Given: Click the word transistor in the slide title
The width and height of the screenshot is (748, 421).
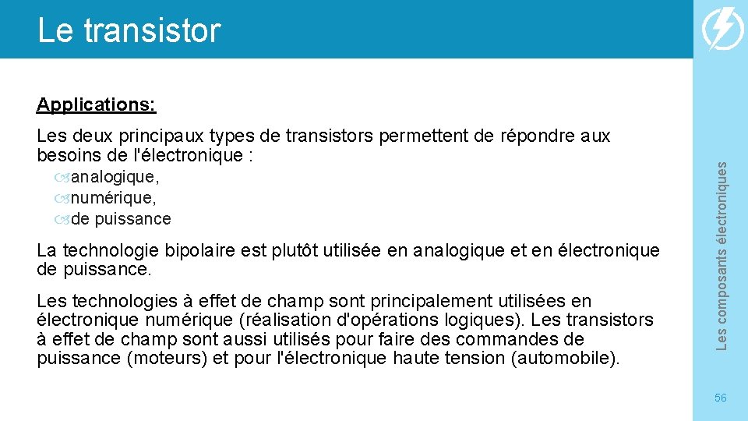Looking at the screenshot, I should tap(152, 31).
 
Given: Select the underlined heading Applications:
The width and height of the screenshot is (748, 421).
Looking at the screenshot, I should tap(96, 104).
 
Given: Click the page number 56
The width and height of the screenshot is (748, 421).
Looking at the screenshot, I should tap(720, 398).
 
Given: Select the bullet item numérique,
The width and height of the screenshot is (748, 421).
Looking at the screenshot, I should tap(113, 199).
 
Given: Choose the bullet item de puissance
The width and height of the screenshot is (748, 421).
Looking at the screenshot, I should tap(120, 219).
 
